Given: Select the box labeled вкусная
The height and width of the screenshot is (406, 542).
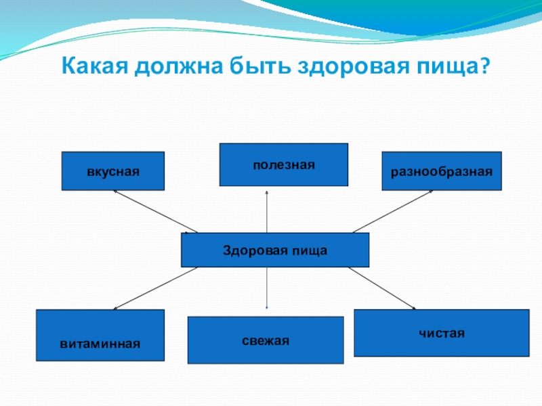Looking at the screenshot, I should (x=113, y=171).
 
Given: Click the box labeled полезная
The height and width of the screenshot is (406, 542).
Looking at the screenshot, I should (x=283, y=164).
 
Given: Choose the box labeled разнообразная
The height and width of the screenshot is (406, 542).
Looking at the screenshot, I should (x=442, y=171).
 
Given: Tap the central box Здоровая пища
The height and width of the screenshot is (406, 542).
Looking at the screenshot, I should (x=275, y=250).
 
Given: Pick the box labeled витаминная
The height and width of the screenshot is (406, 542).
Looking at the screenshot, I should (x=100, y=334).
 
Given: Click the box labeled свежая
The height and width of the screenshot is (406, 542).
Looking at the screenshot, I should (x=266, y=340).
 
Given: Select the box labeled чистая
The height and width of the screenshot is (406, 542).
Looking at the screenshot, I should (x=441, y=333).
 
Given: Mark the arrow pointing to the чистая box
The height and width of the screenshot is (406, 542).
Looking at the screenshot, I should (x=381, y=288).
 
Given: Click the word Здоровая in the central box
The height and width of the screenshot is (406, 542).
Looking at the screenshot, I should (x=249, y=250).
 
